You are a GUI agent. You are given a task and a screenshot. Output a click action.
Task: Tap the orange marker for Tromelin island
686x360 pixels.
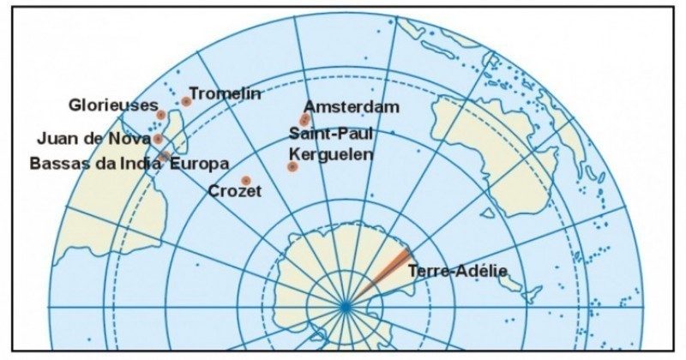tap(186, 101)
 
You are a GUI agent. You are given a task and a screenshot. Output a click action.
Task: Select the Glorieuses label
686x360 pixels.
tap(113, 105)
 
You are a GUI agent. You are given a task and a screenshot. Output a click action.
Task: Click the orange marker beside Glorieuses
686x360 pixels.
tap(161, 114)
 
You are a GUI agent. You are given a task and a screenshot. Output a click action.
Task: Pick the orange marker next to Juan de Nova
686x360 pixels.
tap(159, 139)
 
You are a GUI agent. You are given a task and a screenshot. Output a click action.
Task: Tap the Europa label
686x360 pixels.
tap(200, 162)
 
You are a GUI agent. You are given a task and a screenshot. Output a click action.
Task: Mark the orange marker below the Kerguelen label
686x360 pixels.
tap(292, 166)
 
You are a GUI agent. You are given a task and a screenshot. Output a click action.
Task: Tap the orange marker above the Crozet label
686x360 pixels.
tap(246, 180)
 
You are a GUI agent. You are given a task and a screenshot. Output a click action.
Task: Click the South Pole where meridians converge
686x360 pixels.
tap(345, 306)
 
